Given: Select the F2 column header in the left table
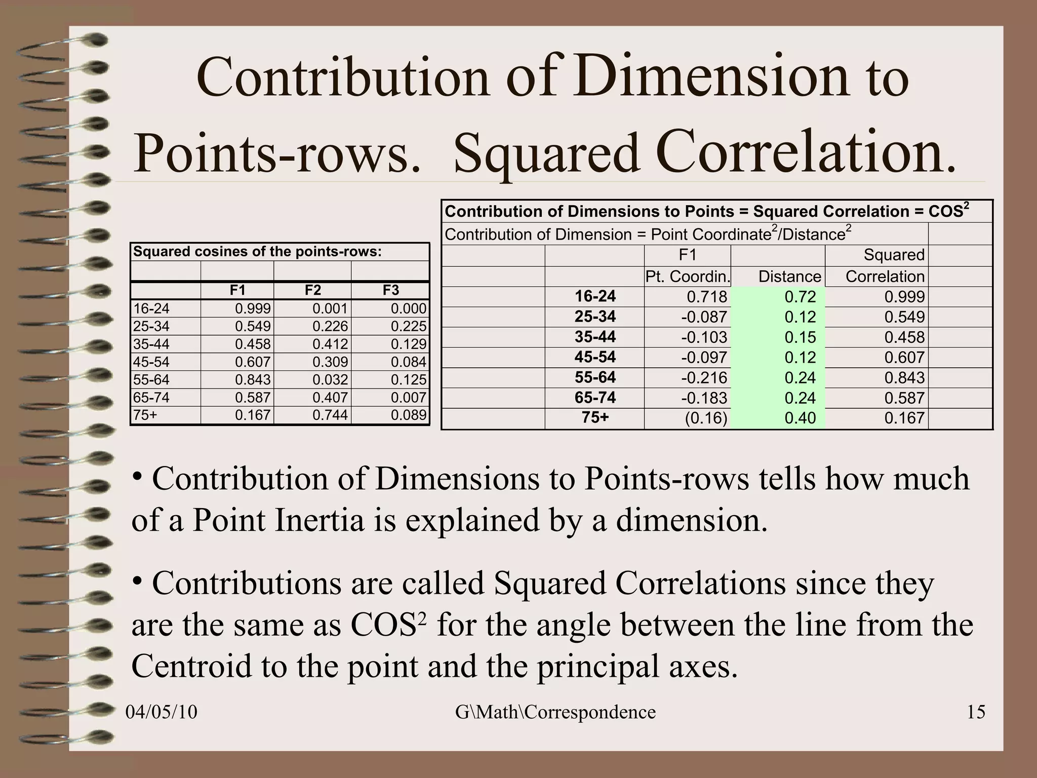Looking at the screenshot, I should [x=313, y=290].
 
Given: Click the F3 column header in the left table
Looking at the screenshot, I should [x=390, y=290].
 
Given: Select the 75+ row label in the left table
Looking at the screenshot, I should [x=145, y=415].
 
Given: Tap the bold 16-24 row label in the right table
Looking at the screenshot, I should [x=595, y=296].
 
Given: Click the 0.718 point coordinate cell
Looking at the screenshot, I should [x=707, y=297].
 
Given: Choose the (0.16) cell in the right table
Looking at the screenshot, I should [x=706, y=418].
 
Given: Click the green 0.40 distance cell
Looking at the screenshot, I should [x=800, y=418].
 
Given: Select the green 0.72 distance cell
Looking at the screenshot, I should [x=800, y=297].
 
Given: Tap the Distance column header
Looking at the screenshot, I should [x=789, y=277].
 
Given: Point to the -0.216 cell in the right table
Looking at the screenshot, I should [x=704, y=378].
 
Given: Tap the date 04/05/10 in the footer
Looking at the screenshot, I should [x=161, y=712].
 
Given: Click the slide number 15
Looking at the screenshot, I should [x=976, y=712].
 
